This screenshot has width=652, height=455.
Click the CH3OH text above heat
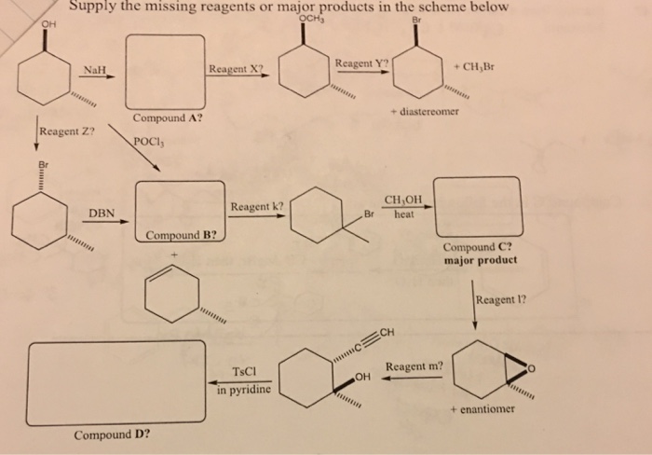click(404, 200)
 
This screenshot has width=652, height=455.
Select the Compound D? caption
click(113, 434)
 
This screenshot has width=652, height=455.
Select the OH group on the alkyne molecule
click(362, 376)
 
